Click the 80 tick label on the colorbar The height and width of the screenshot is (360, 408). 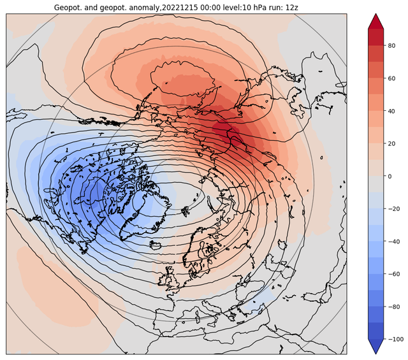tap(391, 46)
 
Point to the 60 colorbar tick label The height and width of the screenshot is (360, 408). tap(391, 78)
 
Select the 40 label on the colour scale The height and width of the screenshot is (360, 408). tap(391, 112)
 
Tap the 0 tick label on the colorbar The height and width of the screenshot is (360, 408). tap(390, 176)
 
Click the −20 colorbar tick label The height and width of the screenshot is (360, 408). tap(394, 209)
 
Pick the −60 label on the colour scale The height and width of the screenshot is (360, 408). tap(394, 275)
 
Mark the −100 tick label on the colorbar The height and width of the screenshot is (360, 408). tap(395, 340)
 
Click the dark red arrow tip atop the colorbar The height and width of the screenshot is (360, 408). tap(375, 14)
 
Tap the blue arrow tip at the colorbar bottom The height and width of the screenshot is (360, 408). tap(375, 353)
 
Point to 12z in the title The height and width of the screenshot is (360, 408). tap(292, 7)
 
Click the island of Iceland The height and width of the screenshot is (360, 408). tap(156, 245)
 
